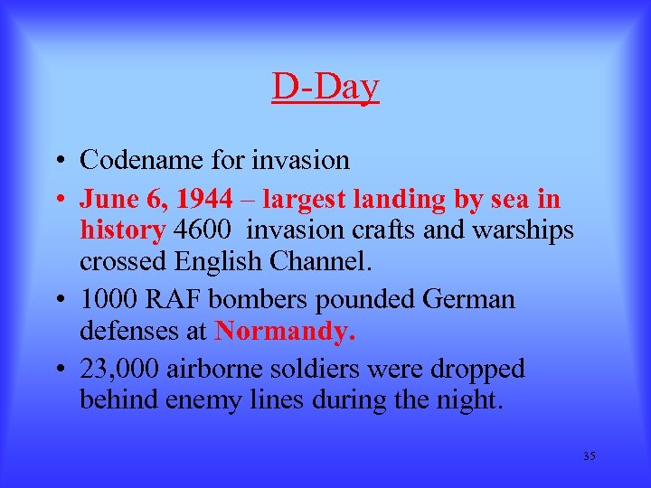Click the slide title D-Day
click(325, 88)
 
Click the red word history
click(122, 230)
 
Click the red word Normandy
click(286, 331)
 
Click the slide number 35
click(590, 456)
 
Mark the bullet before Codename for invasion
click(56, 162)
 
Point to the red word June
click(106, 200)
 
